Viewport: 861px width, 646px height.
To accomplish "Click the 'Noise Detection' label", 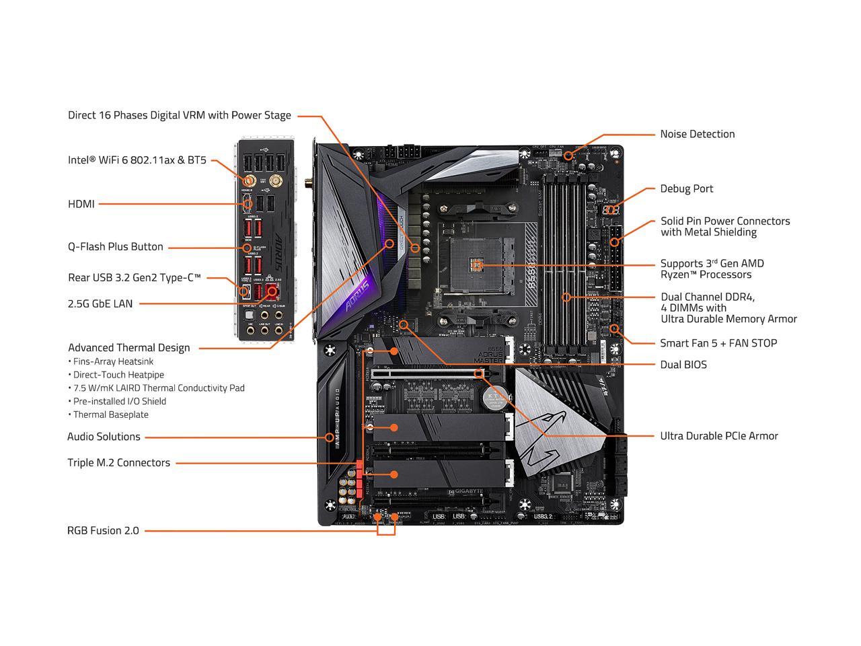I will [x=697, y=134].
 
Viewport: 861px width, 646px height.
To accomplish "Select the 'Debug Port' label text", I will [x=686, y=188].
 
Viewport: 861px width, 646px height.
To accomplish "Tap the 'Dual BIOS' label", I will [x=683, y=365].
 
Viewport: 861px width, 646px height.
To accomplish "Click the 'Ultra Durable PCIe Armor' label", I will [x=718, y=436].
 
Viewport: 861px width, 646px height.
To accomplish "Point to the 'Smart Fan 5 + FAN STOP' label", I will [x=718, y=343].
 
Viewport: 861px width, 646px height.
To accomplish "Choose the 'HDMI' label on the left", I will [x=81, y=204].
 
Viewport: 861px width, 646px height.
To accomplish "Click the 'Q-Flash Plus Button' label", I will [x=116, y=247].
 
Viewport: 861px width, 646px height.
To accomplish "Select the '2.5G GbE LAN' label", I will [x=100, y=303].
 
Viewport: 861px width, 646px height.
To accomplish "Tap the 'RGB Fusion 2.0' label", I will [x=103, y=530].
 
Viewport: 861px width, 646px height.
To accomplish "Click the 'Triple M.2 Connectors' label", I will [x=118, y=463].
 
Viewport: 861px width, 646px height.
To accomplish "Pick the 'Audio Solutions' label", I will [x=104, y=437].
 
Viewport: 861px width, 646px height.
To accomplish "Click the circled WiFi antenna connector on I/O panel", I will [x=248, y=181].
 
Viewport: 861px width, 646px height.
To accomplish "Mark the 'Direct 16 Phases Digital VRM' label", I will [x=179, y=115].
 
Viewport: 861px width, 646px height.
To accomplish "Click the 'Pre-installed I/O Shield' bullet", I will [x=119, y=401].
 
